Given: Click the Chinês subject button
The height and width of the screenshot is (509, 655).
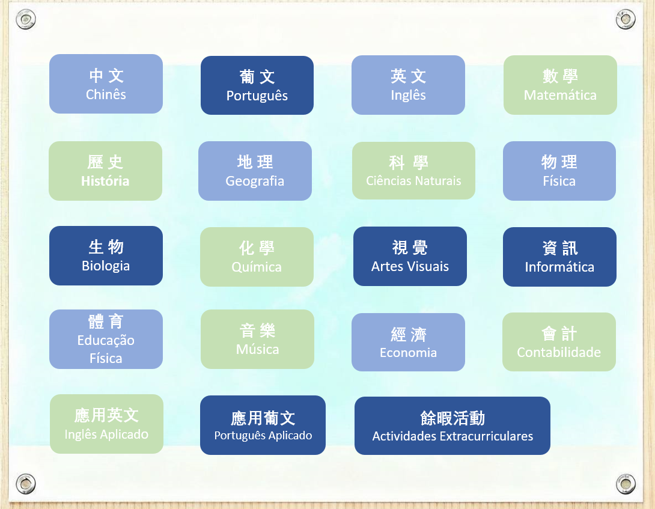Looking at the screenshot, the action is (106, 84).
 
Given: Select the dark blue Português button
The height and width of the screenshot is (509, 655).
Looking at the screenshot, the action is (257, 85).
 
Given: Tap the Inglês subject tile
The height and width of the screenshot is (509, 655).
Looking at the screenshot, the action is (408, 85).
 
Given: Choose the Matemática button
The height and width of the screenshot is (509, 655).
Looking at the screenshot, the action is (560, 85).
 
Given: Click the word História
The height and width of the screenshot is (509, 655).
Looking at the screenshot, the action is (105, 181).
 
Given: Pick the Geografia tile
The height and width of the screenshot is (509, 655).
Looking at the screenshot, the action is (255, 171).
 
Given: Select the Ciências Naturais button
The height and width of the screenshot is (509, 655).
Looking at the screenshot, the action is (413, 171).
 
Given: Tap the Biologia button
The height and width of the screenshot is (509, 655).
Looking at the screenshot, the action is (106, 256).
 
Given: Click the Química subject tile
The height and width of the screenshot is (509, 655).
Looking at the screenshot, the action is (257, 257).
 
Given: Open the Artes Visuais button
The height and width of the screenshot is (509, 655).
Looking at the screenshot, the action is (410, 256).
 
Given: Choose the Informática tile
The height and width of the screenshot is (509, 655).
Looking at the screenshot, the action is (560, 257).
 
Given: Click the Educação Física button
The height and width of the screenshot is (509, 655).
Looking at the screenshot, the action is (106, 340).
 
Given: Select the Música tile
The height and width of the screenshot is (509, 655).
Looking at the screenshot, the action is (257, 340).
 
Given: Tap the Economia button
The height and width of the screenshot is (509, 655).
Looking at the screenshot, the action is (408, 343).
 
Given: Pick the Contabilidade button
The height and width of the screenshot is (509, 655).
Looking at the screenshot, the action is (559, 342).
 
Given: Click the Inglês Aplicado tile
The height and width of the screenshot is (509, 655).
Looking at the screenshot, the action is (106, 424).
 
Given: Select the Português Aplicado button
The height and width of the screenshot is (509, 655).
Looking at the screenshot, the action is (263, 425).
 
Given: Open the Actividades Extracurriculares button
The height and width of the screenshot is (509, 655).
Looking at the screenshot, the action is (452, 425).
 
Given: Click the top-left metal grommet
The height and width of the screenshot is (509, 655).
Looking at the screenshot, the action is (25, 19).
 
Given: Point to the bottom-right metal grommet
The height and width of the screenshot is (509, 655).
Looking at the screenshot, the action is (626, 484).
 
